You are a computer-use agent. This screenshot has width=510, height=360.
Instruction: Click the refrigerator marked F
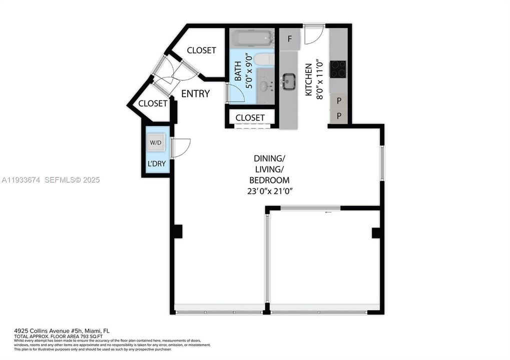[x=289, y=38]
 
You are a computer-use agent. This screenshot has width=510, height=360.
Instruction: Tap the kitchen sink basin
[x=289, y=81]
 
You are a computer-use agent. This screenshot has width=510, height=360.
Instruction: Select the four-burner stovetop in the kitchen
[x=338, y=69]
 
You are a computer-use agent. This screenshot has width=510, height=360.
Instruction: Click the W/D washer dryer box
[x=156, y=143]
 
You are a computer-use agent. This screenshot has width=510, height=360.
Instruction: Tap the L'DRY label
[x=156, y=163]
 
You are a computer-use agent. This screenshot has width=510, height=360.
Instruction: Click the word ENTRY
[x=195, y=93]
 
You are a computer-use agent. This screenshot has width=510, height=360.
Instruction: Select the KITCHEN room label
[x=309, y=80]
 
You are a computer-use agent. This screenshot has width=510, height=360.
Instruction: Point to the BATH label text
[x=238, y=71]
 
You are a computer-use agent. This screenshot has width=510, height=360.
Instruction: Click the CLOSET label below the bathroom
[x=250, y=117]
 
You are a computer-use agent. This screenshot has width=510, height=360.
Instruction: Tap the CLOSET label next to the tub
[x=201, y=50]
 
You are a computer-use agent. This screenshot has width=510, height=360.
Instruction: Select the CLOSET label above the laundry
[x=153, y=103]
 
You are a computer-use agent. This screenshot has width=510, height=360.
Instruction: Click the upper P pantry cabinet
[x=339, y=101]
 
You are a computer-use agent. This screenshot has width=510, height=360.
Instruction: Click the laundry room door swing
[x=181, y=147]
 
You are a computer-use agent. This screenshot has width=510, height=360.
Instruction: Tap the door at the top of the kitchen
[x=314, y=33]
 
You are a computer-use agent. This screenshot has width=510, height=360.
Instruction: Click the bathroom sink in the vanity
[x=264, y=85]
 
